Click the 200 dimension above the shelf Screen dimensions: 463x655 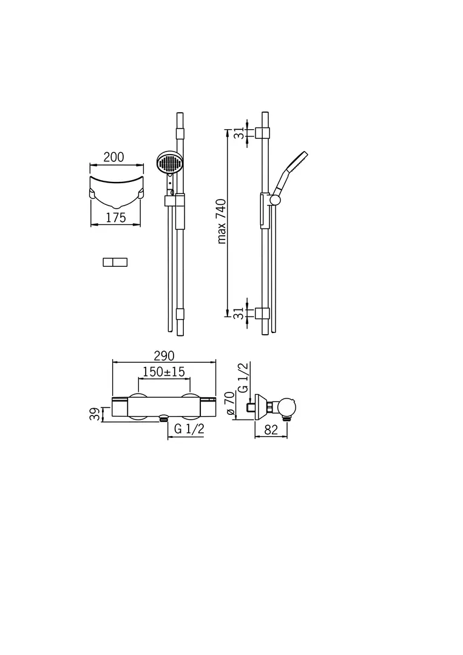click(113, 157)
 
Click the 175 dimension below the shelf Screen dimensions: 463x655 click(116, 218)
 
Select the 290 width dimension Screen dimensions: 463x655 click(164, 356)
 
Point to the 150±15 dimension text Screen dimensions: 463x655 click(164, 371)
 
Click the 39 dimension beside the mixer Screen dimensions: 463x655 click(95, 414)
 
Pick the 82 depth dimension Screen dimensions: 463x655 click(271, 430)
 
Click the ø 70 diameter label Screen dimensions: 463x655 click(230, 403)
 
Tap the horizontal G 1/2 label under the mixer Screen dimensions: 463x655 click(189, 429)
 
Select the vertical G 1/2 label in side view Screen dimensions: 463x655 click(243, 378)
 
